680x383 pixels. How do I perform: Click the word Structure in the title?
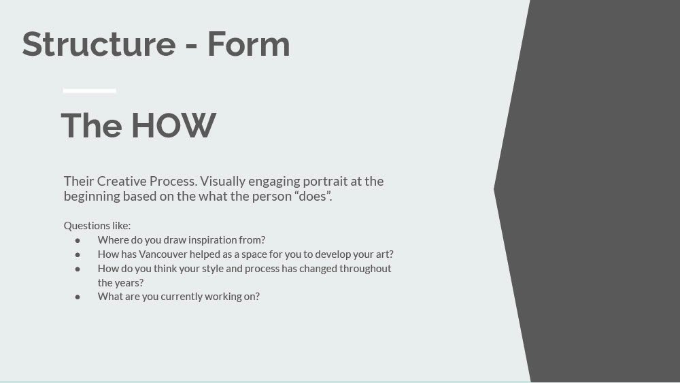click(99, 44)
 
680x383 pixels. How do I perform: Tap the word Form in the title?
click(248, 44)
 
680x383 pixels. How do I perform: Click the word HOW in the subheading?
click(173, 126)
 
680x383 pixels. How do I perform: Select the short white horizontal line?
click(89, 90)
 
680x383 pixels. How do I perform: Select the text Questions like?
click(97, 226)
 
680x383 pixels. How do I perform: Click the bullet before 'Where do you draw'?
click(78, 240)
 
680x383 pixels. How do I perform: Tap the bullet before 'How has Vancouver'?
click(78, 254)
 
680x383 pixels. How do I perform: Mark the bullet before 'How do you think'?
click(78, 269)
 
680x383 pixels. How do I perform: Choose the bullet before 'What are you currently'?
click(78, 297)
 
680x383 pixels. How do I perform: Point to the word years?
click(129, 283)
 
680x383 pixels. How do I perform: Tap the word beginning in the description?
click(92, 197)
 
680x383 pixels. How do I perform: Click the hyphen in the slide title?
click(191, 46)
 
